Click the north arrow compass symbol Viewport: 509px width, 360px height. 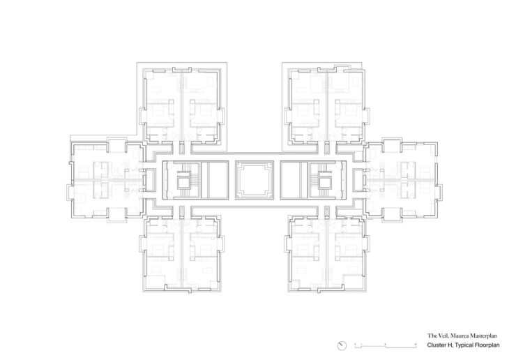[x=342, y=346]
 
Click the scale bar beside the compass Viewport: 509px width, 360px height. [x=386, y=346]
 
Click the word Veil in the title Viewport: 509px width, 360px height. [x=441, y=336]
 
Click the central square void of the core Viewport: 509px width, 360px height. [x=254, y=180]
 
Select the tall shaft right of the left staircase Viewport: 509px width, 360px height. [x=215, y=180]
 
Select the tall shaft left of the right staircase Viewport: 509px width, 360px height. [x=294, y=180]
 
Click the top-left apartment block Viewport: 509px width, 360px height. [x=182, y=105]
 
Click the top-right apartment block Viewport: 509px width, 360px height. [x=327, y=105]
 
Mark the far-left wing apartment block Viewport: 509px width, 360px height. [x=106, y=180]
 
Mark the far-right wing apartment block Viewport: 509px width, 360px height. [x=402, y=180]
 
